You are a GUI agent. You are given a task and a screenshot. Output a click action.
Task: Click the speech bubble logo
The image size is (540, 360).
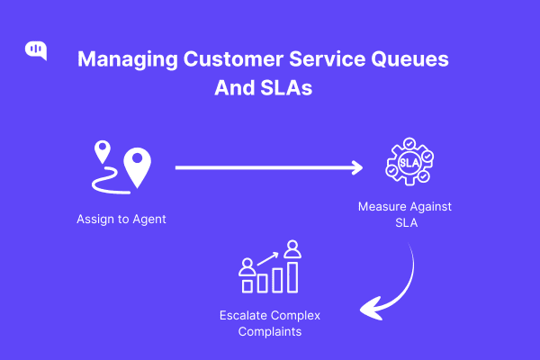(36, 50)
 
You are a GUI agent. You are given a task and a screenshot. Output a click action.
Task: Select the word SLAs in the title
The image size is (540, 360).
(290, 90)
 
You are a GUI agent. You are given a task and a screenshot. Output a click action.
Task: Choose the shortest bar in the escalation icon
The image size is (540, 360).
(247, 285)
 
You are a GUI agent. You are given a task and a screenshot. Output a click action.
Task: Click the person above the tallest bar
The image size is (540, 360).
(292, 248)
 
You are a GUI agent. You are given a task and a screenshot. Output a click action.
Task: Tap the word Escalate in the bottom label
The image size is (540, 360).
(246, 315)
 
